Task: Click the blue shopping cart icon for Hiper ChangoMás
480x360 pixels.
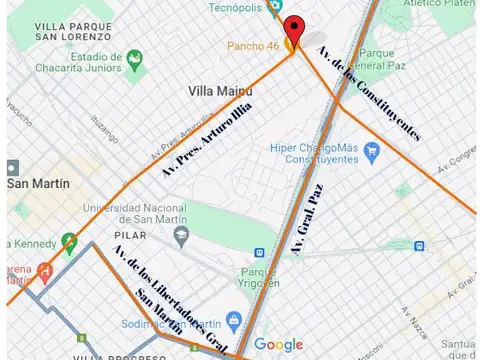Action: point(372,152)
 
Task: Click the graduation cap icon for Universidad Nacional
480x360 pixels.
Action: point(181,235)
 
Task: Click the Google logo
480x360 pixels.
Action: point(277,345)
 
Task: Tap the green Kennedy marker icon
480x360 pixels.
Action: point(69,241)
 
